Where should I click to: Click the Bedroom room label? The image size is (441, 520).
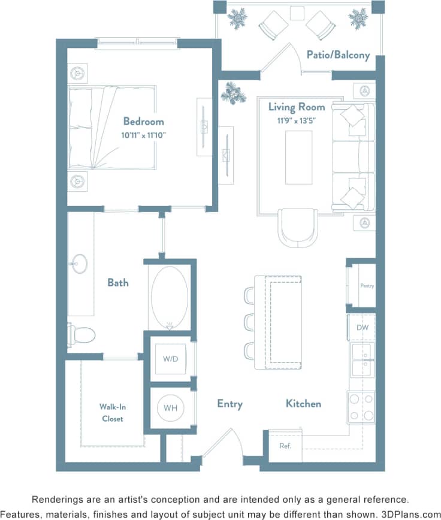coord(143,120)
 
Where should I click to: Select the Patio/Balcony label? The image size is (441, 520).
coord(338,55)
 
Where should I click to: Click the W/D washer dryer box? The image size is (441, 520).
coord(171,359)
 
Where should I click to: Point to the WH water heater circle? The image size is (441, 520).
coord(171,408)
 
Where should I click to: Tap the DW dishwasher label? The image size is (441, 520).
coord(363,328)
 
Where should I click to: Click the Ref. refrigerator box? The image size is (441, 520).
coord(285,446)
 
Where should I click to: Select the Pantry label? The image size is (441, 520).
coord(367,286)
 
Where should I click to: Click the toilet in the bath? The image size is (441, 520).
coord(83,334)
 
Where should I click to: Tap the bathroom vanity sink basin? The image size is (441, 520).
coord(79,264)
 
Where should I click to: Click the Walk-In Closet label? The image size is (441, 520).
coord(112,413)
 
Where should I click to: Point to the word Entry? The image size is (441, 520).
coord(229,404)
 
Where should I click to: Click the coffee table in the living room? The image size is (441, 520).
coord(298,157)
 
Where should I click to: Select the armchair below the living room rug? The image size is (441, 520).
coord(298,226)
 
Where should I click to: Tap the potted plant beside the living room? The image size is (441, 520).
coord(232,93)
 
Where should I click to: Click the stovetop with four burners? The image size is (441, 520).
coord(362,407)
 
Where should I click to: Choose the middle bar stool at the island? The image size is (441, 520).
coord(249,322)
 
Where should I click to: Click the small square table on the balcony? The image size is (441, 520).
coord(297,13)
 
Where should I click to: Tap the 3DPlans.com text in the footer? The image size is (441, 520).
coord(410,514)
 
